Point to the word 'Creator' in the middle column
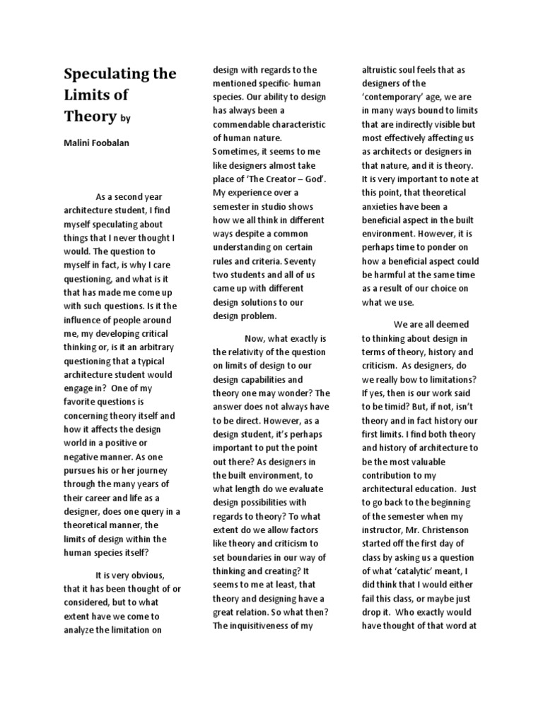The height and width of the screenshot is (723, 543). [x=273, y=179]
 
